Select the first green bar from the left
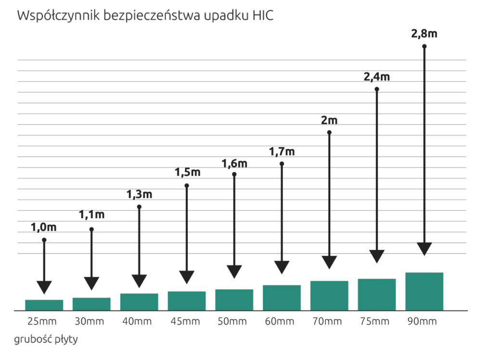click(x=44, y=304)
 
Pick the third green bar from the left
click(x=140, y=301)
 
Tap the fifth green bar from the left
click(x=234, y=299)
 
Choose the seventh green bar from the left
click(x=329, y=294)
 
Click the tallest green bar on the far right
click(x=425, y=290)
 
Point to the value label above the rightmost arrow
click(x=424, y=33)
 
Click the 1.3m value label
click(x=139, y=194)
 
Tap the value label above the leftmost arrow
click(x=44, y=226)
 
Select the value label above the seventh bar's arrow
click(x=329, y=120)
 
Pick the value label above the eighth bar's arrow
click(x=377, y=76)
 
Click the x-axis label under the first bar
click(x=43, y=321)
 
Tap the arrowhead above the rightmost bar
click(x=424, y=245)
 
